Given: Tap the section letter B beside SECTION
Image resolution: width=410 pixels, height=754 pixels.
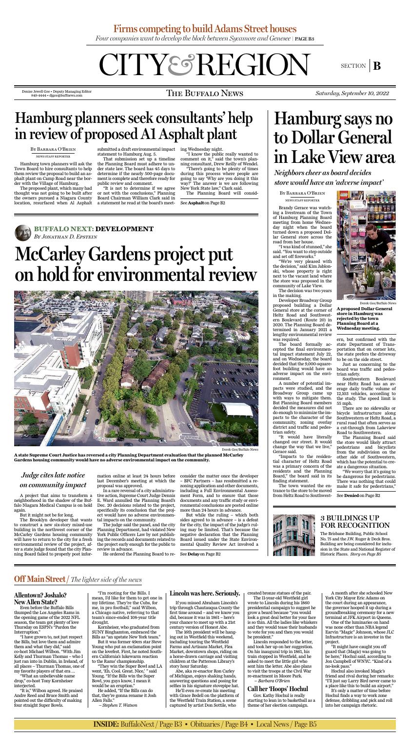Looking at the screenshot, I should pyautogui.click(x=377, y=66).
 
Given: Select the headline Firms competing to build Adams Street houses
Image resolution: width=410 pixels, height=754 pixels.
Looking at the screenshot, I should pyautogui.click(x=205, y=29).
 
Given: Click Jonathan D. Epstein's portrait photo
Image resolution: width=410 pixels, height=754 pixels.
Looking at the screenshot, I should pyautogui.click(x=22, y=232).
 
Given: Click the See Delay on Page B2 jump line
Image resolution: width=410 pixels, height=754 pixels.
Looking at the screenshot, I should pyautogui.click(x=200, y=554).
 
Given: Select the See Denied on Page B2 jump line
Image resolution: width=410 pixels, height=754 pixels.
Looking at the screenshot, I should pyautogui.click(x=358, y=495).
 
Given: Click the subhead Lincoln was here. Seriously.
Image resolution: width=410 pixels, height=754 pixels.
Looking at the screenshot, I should pyautogui.click(x=204, y=594).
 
